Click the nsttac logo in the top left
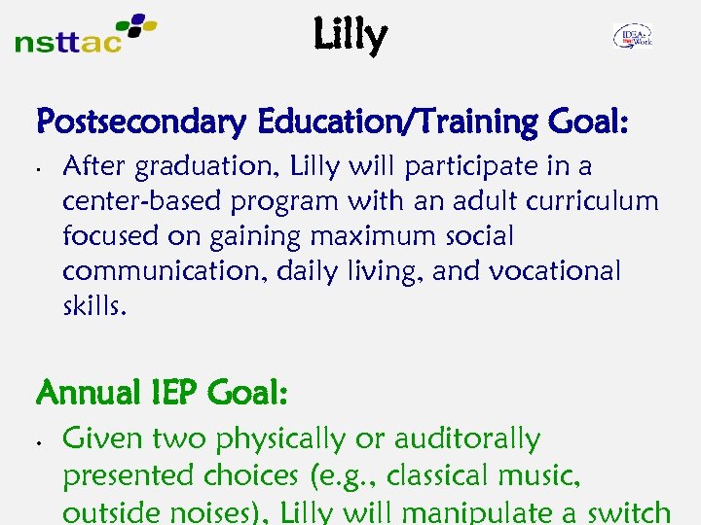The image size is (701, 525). (x=86, y=34)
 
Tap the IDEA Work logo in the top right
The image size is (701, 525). (x=632, y=37)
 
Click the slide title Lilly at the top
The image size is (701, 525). (x=350, y=36)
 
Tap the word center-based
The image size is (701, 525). (x=140, y=202)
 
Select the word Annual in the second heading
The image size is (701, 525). (x=87, y=394)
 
